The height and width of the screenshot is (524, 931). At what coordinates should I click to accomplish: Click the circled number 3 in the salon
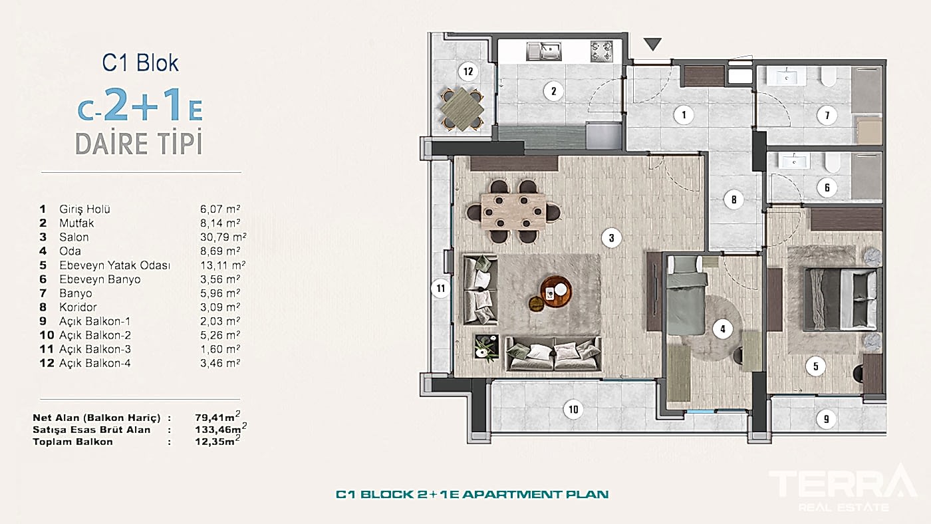[611, 238]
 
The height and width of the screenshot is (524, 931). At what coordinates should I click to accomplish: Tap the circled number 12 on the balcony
[468, 71]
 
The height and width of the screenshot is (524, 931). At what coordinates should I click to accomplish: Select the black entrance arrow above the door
[652, 44]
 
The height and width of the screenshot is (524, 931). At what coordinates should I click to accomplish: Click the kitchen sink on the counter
[544, 51]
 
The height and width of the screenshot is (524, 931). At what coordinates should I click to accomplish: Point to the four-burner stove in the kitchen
[602, 51]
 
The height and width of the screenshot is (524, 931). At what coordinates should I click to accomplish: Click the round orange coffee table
[556, 292]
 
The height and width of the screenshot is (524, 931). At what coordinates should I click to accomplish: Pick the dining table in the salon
[513, 211]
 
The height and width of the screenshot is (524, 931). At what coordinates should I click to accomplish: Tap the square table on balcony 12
[462, 109]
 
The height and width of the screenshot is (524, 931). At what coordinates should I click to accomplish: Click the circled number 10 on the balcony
[573, 410]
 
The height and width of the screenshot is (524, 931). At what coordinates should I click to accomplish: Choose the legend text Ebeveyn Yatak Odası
[114, 265]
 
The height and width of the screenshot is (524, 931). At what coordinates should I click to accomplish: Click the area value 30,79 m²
[223, 237]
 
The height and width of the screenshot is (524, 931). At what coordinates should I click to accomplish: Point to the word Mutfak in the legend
[76, 223]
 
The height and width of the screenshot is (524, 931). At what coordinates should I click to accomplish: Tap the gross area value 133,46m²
[221, 429]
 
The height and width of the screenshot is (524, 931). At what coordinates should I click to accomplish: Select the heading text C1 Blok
[140, 63]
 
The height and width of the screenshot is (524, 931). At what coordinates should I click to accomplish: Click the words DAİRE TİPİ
[139, 142]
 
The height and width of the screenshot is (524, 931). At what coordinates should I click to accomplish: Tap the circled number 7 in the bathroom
[827, 115]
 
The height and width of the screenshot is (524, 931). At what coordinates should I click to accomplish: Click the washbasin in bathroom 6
[793, 161]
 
